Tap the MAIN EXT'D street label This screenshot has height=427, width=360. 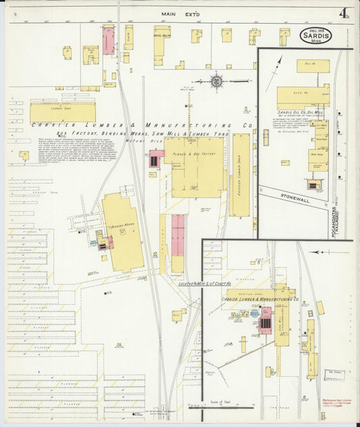(x=177, y=14)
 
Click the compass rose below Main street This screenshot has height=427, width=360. (x=217, y=81)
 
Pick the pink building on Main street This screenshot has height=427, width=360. (x=108, y=41)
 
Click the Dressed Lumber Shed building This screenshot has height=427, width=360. (x=239, y=174)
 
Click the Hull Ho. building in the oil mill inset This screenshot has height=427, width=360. (x=313, y=66)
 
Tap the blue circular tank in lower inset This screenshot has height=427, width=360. (x=255, y=313)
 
